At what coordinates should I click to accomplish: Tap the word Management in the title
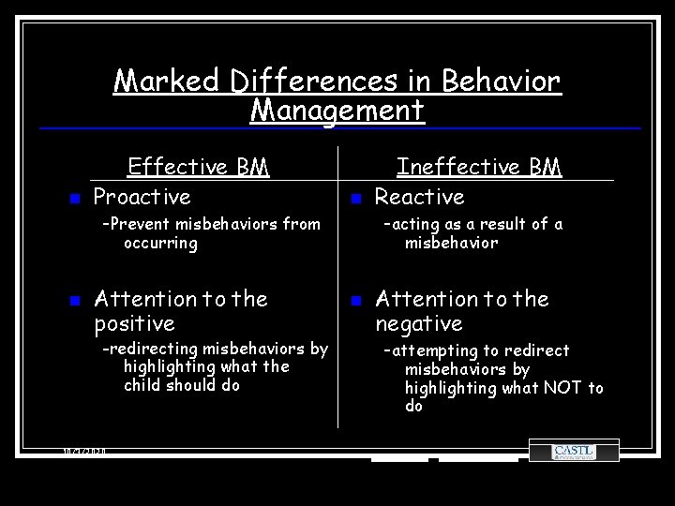(337, 111)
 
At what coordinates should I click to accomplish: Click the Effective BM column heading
(198, 167)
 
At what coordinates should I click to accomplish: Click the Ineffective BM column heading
(478, 167)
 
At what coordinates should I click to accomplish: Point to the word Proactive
(142, 197)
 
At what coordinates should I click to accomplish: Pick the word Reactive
(420, 197)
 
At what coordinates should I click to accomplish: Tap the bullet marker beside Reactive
(355, 199)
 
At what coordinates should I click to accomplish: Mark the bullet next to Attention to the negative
(355, 301)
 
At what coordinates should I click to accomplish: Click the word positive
(135, 324)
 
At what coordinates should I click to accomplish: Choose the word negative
(419, 324)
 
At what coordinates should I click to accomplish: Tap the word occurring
(160, 243)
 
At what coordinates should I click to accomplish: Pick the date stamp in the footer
(84, 452)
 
